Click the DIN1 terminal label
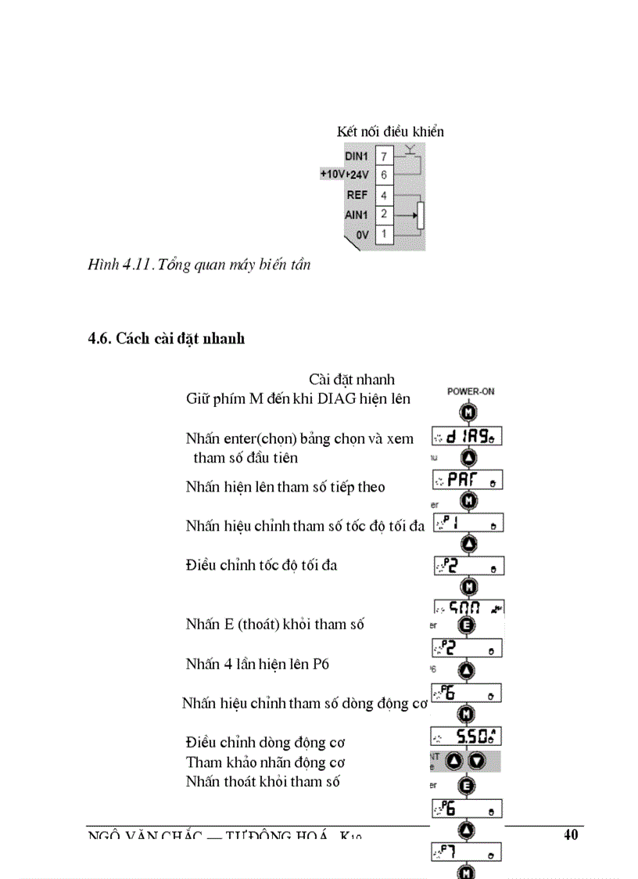tap(356, 157)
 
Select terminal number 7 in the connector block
tap(384, 157)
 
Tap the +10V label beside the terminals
tap(333, 175)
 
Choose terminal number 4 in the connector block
tap(384, 194)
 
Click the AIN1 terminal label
tap(357, 214)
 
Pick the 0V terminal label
tap(362, 233)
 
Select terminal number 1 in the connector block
tap(384, 233)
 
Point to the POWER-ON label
tap(470, 391)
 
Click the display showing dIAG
tap(467, 436)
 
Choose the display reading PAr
tap(467, 480)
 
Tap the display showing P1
tap(468, 522)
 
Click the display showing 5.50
tap(466, 736)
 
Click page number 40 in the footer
tap(571, 834)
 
